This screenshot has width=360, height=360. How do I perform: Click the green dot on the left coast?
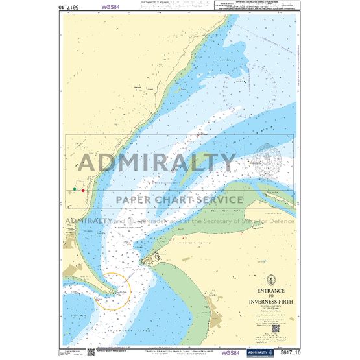click(x=75, y=189)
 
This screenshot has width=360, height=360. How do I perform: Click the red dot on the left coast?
click(x=83, y=190)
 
